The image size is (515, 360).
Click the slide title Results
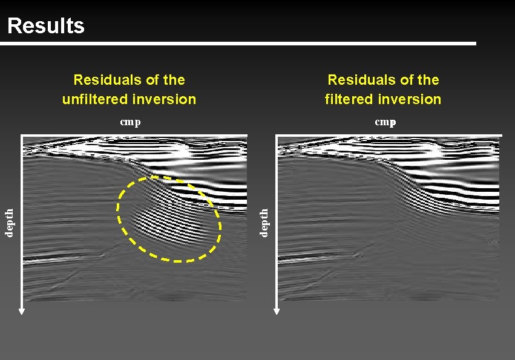pos(45,25)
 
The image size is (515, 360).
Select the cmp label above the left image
pos(130,122)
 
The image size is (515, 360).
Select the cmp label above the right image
pos(385,122)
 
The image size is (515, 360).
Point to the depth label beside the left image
pos(10,223)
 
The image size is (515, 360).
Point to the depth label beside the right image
pos(264,223)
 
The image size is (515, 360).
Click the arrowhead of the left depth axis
pos(22,311)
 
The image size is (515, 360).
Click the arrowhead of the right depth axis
pos(277,311)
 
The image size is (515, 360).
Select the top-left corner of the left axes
pos(22,136)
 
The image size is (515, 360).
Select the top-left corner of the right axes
pos(277,136)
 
